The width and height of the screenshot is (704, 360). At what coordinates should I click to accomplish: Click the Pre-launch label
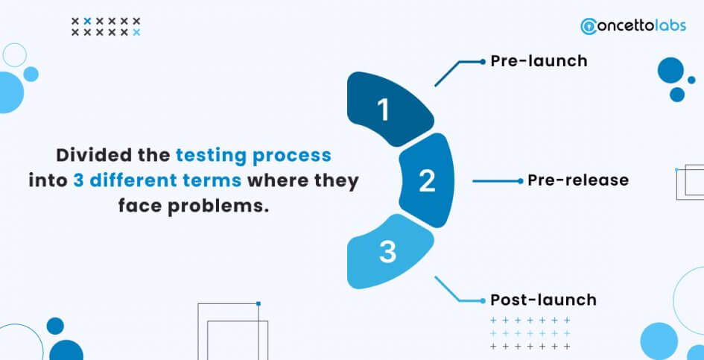[539, 60]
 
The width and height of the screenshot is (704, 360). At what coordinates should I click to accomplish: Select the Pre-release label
[578, 180]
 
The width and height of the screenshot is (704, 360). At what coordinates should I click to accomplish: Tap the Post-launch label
[543, 300]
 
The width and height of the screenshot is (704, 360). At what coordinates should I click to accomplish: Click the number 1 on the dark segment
[383, 110]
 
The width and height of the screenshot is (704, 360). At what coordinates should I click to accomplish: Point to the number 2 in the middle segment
[427, 181]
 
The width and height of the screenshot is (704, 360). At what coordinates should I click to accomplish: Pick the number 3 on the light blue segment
[387, 252]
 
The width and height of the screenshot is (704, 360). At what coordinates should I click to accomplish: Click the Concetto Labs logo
[633, 25]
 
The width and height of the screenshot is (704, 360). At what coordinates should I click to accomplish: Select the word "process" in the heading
[293, 157]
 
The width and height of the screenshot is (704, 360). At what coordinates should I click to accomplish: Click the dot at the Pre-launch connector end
[483, 62]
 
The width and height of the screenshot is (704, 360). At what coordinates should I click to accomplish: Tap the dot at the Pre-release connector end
[521, 181]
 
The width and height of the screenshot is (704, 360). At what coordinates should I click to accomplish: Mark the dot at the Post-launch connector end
[483, 300]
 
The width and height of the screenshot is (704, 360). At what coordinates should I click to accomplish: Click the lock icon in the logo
[587, 27]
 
